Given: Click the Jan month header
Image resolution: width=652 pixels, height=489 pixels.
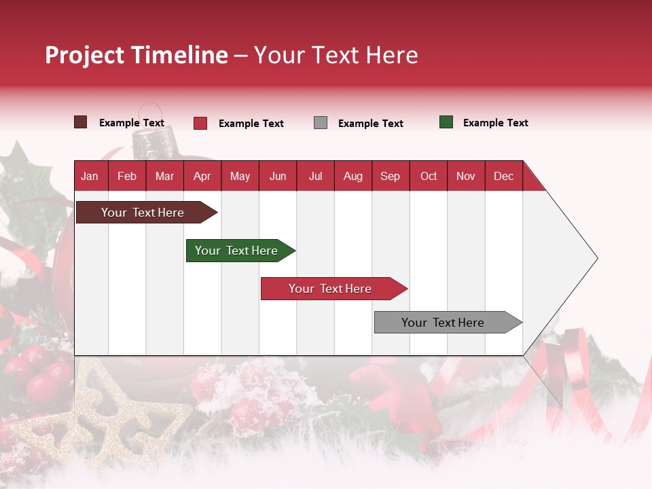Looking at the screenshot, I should (90, 176).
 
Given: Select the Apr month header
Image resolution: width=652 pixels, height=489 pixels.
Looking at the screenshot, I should (202, 176).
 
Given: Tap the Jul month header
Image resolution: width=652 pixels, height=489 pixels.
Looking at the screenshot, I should (315, 176).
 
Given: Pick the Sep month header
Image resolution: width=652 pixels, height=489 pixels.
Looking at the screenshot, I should (390, 176).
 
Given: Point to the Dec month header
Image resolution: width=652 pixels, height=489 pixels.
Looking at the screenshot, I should (503, 176).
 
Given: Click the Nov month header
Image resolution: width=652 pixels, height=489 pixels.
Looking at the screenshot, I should (465, 176).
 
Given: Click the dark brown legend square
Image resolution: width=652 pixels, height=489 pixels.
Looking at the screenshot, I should (81, 122).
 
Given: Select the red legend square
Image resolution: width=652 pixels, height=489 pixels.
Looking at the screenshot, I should (200, 123).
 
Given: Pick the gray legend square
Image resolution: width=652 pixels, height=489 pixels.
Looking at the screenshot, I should (321, 123).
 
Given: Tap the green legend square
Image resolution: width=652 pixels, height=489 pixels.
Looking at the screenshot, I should (446, 122).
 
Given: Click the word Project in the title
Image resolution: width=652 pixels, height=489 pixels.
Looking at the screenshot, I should (85, 55).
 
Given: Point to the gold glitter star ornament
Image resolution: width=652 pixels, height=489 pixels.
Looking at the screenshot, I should (102, 414).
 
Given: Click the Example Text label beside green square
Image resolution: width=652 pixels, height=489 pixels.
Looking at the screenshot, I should (495, 123).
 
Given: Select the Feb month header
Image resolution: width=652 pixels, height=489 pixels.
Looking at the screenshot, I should (127, 176).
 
